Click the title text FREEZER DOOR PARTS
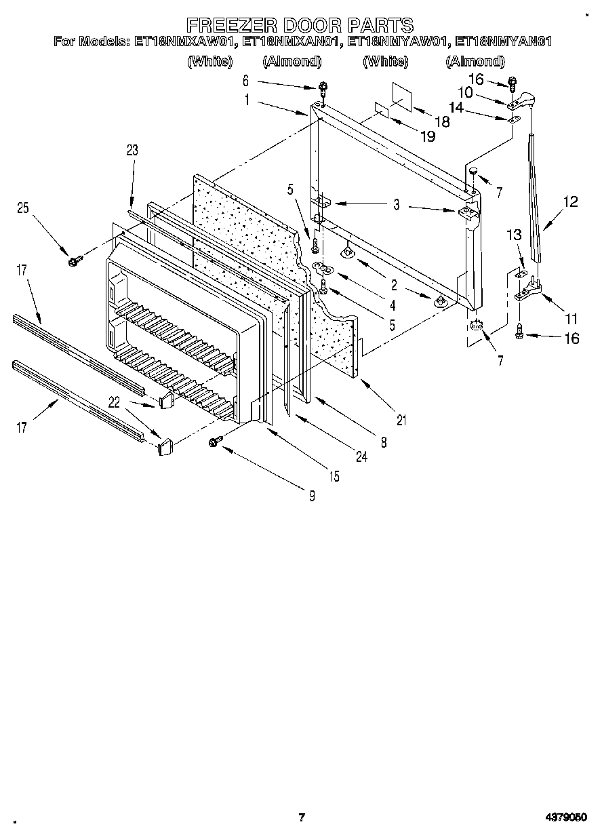tap(300, 25)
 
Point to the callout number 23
tap(132, 151)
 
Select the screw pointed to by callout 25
tap(74, 259)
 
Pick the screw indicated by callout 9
tap(216, 442)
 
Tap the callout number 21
tap(401, 421)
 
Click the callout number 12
tap(571, 202)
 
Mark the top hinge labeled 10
tap(521, 102)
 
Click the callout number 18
tap(442, 122)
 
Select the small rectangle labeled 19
tap(382, 109)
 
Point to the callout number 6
tap(246, 81)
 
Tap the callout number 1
tap(247, 99)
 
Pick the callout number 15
tap(334, 477)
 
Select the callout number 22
tap(114, 403)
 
